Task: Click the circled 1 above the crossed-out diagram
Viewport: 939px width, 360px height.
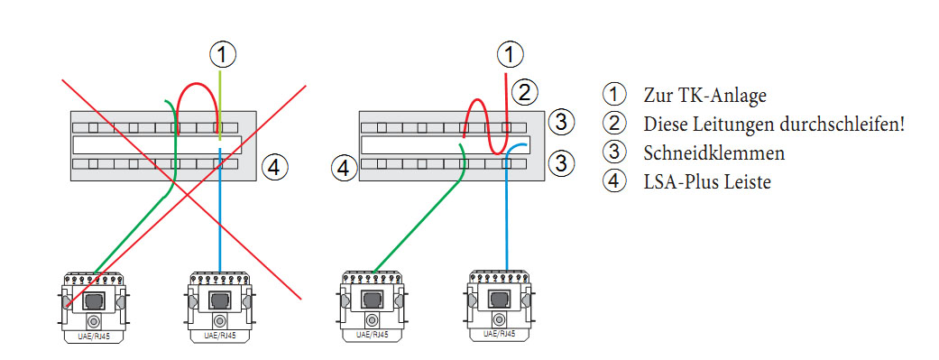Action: tap(222, 56)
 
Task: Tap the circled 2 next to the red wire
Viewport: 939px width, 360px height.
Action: tap(524, 93)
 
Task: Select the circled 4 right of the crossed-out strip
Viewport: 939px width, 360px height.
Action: tap(273, 168)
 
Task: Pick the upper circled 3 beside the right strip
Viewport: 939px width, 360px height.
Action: tap(560, 122)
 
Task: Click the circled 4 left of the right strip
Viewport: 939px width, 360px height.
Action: tap(344, 168)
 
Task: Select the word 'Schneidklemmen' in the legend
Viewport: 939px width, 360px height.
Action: tap(713, 153)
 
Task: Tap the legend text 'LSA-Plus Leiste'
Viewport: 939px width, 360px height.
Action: tap(707, 181)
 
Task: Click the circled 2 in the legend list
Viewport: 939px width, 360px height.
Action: tap(614, 124)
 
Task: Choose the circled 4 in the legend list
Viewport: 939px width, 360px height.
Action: tap(614, 180)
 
